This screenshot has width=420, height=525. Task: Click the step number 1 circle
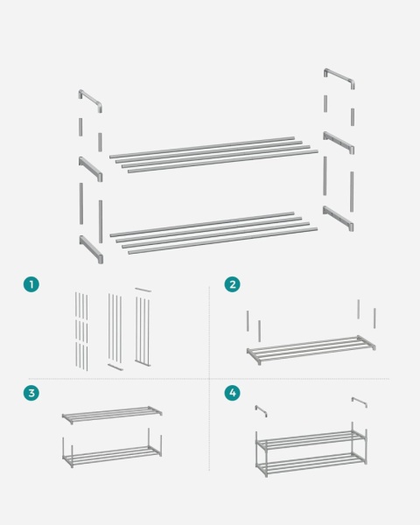click(31, 284)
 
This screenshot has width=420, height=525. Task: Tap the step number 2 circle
click(232, 284)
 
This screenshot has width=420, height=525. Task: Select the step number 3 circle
click(31, 394)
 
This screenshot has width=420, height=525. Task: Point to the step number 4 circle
click(232, 394)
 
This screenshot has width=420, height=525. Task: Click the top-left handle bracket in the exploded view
click(90, 101)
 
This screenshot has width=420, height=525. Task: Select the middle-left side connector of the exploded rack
click(91, 169)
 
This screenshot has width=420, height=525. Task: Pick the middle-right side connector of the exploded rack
click(339, 143)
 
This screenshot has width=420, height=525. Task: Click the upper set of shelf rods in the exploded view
click(214, 153)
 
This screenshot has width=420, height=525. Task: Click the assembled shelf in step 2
click(311, 348)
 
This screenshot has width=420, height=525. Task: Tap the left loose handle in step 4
click(261, 409)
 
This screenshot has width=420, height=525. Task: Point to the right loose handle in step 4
click(359, 402)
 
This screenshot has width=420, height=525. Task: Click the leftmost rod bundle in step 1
click(80, 329)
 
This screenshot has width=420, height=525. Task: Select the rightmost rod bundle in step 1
click(143, 328)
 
